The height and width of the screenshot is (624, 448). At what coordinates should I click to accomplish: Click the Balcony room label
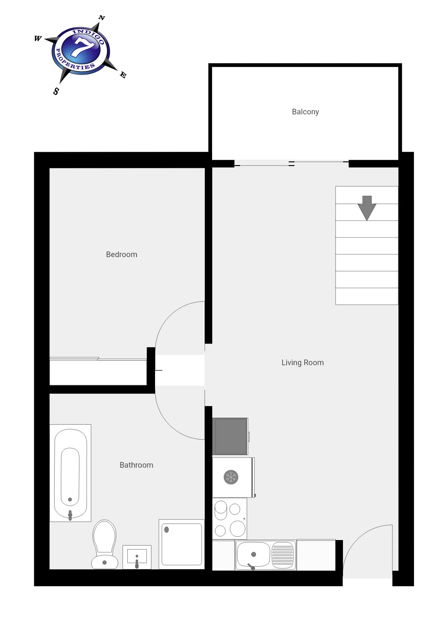tap(306, 112)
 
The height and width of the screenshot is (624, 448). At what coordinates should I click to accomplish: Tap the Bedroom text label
tap(121, 255)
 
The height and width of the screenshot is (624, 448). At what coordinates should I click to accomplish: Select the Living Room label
tap(303, 363)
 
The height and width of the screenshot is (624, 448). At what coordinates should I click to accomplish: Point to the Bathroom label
tap(136, 465)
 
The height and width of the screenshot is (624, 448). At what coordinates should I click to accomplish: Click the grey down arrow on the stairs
tap(367, 208)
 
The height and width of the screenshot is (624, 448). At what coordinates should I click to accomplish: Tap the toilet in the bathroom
tap(104, 544)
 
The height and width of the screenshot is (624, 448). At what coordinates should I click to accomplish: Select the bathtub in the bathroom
tap(70, 473)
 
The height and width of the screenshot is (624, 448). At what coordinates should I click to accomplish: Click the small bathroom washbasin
tap(137, 557)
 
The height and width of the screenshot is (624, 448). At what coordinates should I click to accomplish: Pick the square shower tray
tap(182, 544)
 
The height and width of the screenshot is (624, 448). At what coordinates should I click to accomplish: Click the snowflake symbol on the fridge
tap(231, 477)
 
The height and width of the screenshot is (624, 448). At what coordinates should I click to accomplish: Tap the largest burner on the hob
tap(238, 529)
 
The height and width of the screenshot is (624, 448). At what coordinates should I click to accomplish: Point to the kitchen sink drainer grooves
tap(282, 555)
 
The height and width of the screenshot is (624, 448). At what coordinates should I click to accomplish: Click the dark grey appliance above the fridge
tap(230, 436)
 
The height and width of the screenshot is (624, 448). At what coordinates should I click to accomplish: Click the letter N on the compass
tap(102, 17)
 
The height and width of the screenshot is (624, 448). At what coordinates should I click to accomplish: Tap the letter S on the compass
tap(56, 91)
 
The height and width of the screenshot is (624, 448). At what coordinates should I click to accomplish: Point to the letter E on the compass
tap(123, 75)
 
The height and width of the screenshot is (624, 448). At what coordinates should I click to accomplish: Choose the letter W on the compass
tap(38, 38)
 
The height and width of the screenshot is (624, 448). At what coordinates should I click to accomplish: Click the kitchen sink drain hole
tap(254, 554)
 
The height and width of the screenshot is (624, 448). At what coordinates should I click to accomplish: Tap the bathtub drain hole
tap(70, 499)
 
